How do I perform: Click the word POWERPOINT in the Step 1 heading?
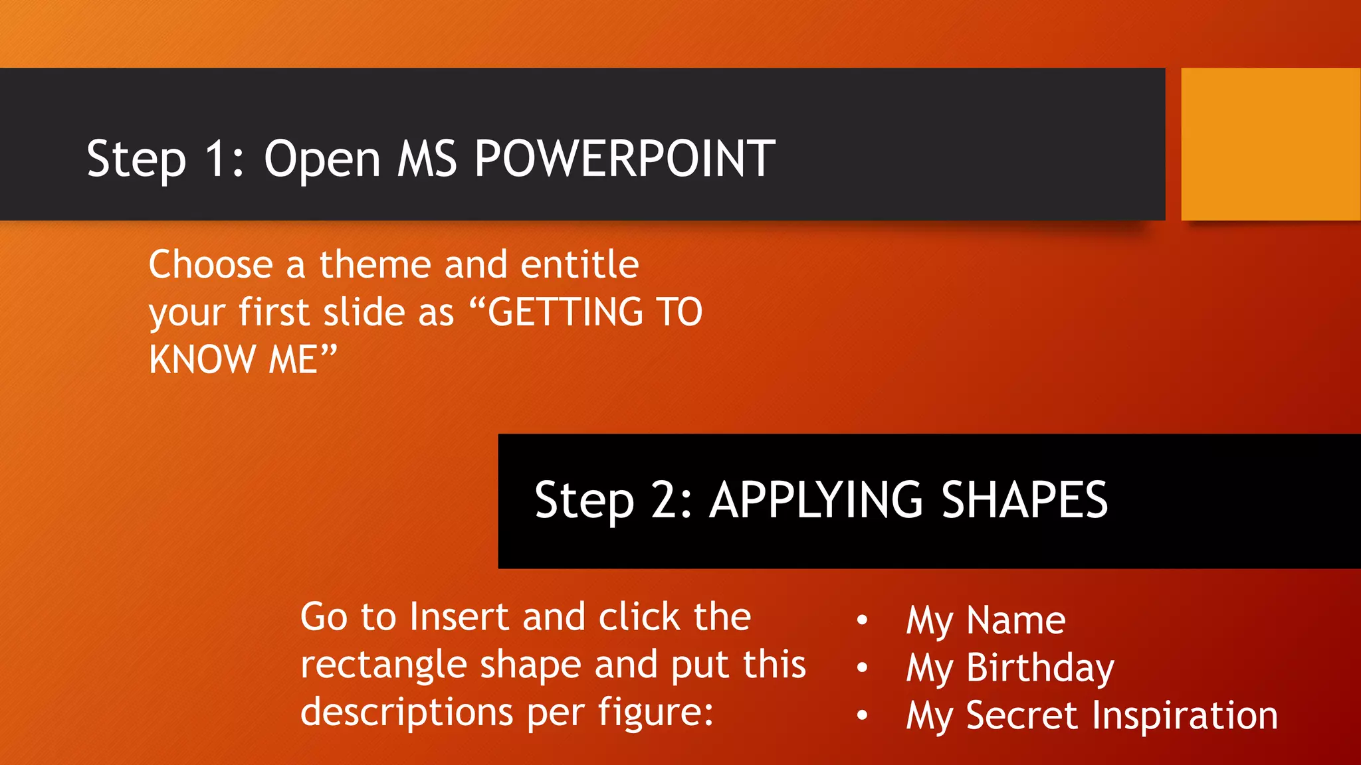click(x=625, y=159)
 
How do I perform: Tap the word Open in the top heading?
click(x=322, y=160)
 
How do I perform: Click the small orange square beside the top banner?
click(x=1270, y=144)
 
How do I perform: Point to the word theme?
click(x=375, y=264)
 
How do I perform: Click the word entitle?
click(x=579, y=264)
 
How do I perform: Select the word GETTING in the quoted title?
click(x=566, y=312)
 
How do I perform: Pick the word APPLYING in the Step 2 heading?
click(x=816, y=500)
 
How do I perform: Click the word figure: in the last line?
click(x=655, y=713)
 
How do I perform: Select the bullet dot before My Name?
click(x=862, y=620)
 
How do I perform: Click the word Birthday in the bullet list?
click(x=1040, y=668)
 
